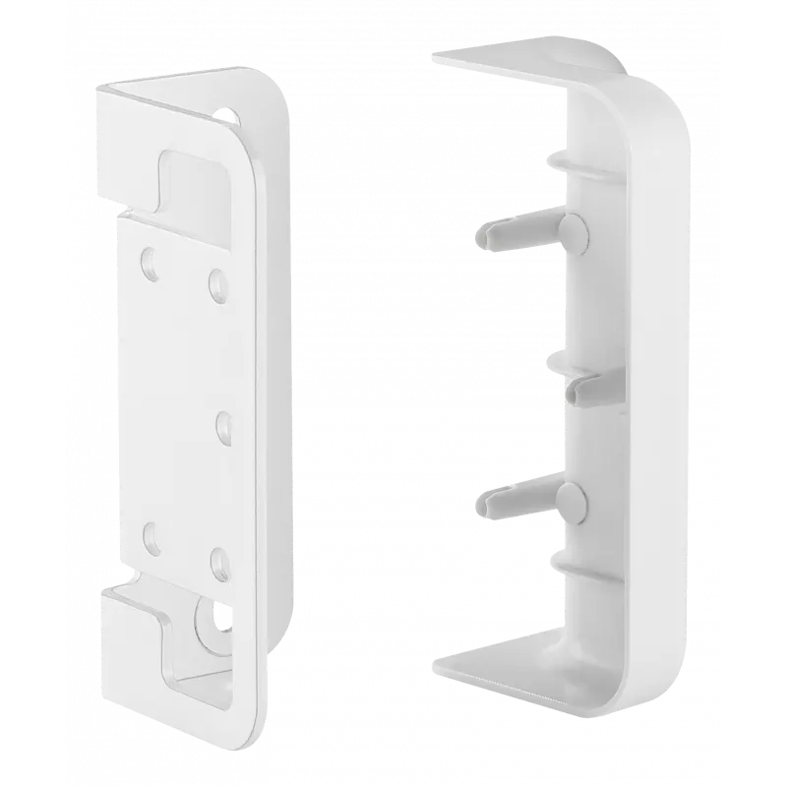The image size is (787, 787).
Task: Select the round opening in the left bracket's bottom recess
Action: pyautogui.click(x=209, y=616)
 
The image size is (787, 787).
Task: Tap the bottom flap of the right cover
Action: pyautogui.click(x=521, y=679)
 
